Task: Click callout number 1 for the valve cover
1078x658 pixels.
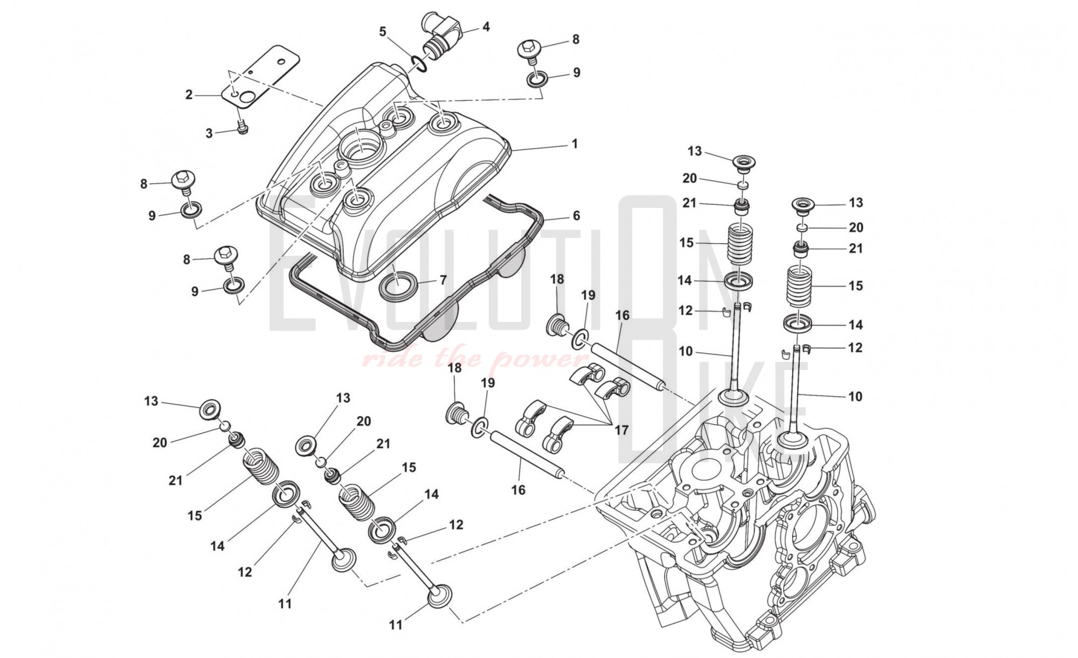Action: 575,144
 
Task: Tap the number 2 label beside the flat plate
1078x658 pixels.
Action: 189,95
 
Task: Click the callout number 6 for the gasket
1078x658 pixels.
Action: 576,216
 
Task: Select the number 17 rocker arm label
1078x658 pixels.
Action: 621,430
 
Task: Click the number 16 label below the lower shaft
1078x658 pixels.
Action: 518,490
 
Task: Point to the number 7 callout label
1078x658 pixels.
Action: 443,280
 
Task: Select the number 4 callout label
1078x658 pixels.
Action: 486,26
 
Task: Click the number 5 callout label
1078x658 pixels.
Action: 383,31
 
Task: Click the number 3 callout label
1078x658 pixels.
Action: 209,133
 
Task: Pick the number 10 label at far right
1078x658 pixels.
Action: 855,396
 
